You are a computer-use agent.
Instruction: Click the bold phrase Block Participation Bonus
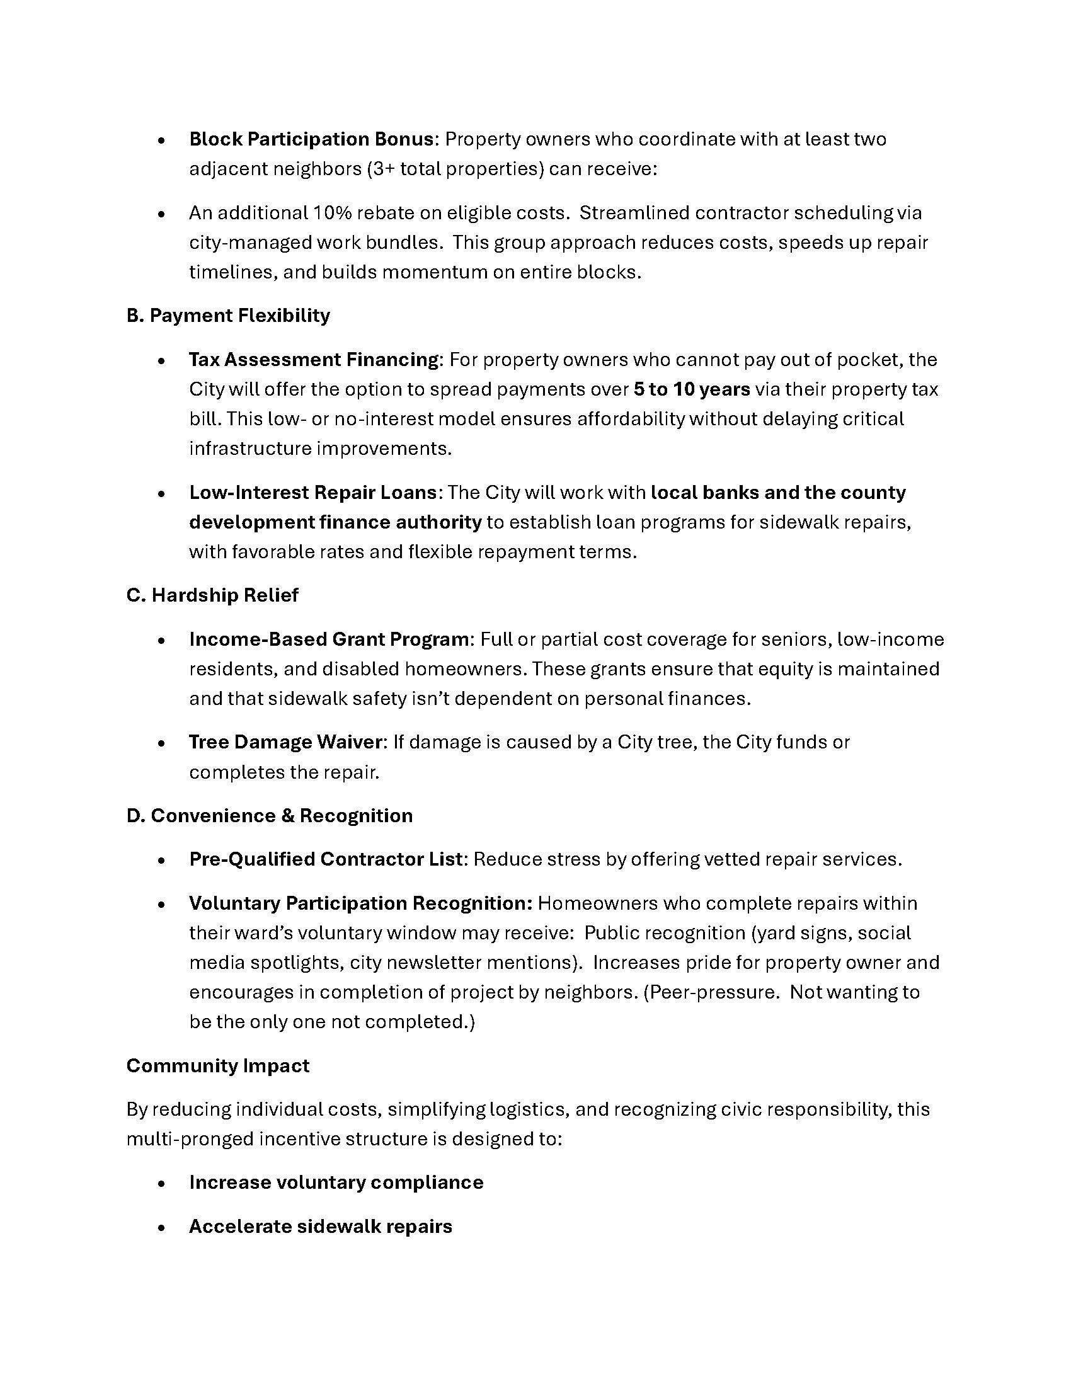coord(311,139)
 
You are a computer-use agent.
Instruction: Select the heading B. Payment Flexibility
coord(229,316)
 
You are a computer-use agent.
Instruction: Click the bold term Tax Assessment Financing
coord(314,360)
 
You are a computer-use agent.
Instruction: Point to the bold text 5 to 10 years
coord(692,389)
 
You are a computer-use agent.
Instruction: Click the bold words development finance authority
coord(335,522)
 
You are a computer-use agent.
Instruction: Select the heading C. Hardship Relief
coord(212,595)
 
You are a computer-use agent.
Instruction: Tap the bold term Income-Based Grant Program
coord(329,639)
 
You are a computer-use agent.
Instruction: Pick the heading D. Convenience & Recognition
coord(270,815)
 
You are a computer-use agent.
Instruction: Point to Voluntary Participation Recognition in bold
coord(361,903)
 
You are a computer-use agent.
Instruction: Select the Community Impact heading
coord(217,1065)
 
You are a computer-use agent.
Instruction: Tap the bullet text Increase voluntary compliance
coord(336,1183)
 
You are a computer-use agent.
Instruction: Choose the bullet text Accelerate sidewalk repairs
coord(321,1226)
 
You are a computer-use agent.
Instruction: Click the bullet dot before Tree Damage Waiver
coord(163,743)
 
